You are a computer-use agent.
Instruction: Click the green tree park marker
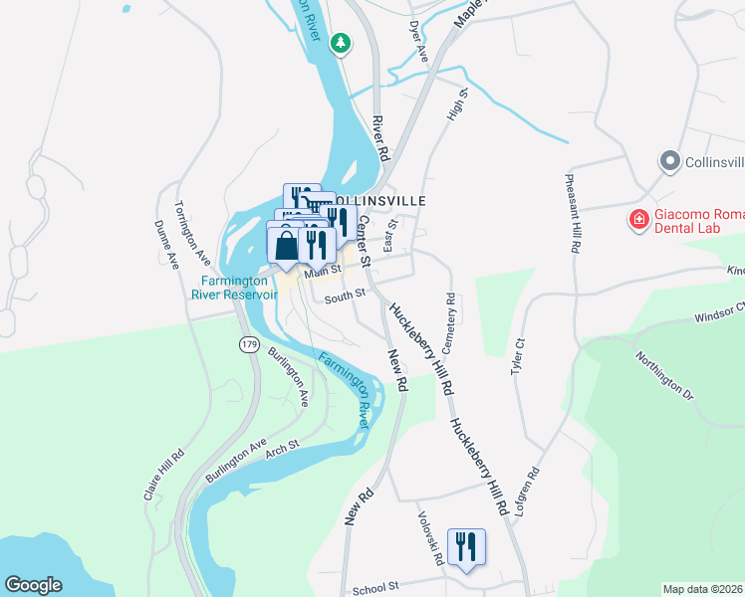click(x=342, y=43)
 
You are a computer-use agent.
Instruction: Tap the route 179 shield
click(x=247, y=344)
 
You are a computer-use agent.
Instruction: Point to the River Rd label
click(x=378, y=138)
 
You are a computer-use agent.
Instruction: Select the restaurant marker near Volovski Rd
click(x=466, y=547)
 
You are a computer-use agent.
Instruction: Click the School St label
click(x=375, y=588)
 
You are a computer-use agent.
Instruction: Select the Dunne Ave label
click(x=166, y=245)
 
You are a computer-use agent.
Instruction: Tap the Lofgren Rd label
click(x=528, y=492)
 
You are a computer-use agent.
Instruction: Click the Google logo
click(x=33, y=585)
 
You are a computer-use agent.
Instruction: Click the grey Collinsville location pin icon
click(x=669, y=161)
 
